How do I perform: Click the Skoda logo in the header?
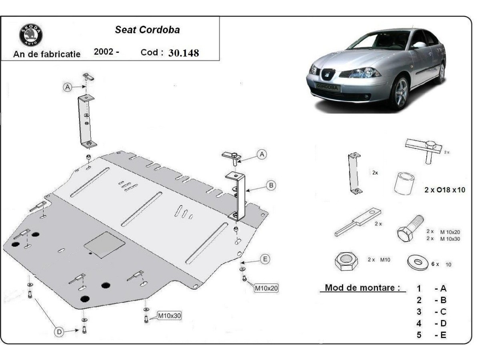31,35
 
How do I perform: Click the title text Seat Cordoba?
148,30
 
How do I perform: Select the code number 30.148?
184,53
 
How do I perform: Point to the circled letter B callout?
271,185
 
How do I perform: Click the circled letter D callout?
59,331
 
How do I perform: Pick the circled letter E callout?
265,259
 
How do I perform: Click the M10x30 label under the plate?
170,316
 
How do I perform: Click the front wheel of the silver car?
399,93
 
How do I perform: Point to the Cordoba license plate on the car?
327,86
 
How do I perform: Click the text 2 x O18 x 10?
445,190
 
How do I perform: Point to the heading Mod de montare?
362,288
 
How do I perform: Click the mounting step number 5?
419,335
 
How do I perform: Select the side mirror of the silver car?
418,45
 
